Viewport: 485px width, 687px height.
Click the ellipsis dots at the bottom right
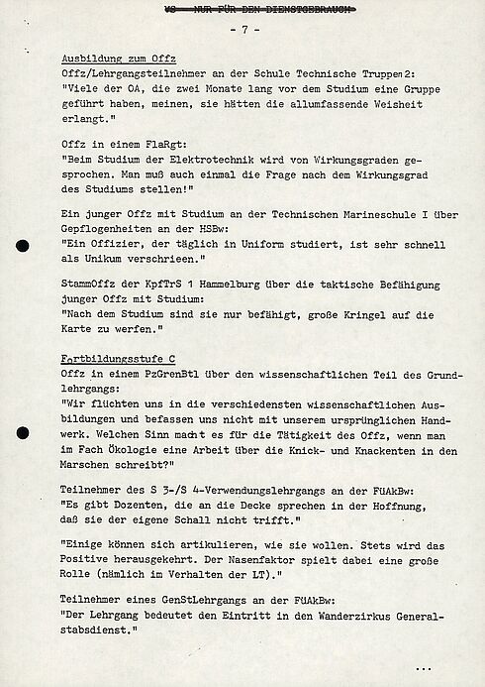pyautogui.click(x=424, y=667)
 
